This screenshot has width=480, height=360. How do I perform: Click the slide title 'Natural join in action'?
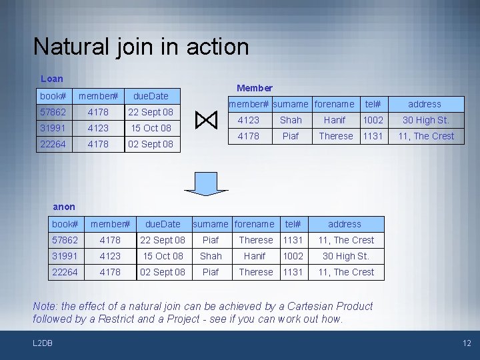tap(141, 47)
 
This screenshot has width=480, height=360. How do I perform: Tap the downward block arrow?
tap(206, 181)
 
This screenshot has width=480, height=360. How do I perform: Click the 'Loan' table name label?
tap(51, 79)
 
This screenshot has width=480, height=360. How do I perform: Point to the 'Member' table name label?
tap(255, 88)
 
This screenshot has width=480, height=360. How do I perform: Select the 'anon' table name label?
tap(64, 207)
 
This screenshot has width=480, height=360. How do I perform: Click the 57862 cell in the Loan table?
tap(53, 112)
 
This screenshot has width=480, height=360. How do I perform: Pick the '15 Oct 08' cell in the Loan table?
tap(151, 128)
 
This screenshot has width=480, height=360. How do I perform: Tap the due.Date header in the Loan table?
tap(151, 96)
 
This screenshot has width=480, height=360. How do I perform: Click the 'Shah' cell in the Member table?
tap(291, 120)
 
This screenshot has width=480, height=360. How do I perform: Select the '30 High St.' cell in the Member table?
tap(424, 120)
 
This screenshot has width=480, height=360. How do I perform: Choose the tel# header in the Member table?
tap(373, 104)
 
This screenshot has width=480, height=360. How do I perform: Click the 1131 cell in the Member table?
tap(373, 136)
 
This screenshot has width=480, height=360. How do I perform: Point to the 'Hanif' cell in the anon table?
tap(255, 256)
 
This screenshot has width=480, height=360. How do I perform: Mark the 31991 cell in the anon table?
tap(65, 256)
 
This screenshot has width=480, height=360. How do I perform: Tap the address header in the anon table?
tap(345, 224)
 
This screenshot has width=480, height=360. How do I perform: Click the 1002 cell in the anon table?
tap(293, 256)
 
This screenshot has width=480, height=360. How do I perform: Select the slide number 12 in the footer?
tap(467, 343)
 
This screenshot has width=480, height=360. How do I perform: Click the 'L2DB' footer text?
tap(43, 343)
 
